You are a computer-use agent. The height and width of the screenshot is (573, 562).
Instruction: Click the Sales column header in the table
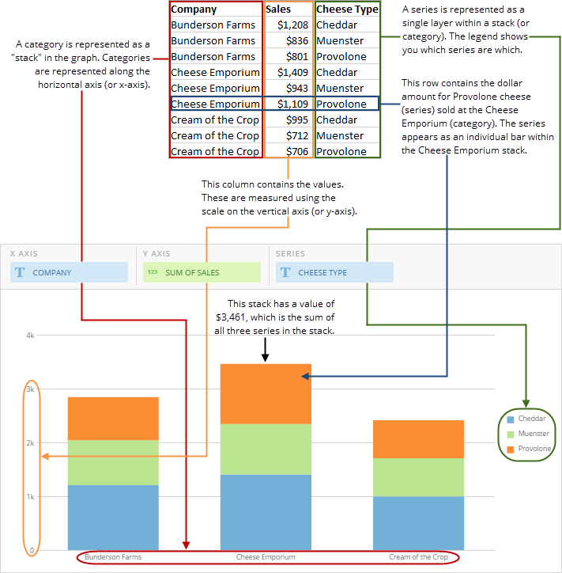point(278,9)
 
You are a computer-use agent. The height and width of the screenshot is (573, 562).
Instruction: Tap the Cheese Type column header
point(345,9)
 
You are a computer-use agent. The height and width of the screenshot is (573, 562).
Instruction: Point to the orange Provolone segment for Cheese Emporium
point(266,394)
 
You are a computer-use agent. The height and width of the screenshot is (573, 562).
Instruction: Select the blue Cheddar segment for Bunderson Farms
point(113,518)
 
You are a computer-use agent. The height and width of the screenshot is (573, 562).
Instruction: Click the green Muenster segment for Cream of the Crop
point(418,477)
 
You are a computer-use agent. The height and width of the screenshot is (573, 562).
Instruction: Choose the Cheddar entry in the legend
point(532,419)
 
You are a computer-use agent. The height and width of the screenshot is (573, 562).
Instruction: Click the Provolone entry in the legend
point(534,449)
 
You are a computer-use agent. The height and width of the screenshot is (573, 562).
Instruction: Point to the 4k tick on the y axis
point(30,336)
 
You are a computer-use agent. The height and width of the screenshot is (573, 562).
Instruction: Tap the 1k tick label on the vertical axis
point(30,497)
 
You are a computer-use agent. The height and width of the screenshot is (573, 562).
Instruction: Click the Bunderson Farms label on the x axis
point(113,557)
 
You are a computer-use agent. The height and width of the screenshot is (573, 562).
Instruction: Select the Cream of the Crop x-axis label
point(418,557)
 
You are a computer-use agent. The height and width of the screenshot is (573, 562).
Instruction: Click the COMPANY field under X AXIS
point(69,272)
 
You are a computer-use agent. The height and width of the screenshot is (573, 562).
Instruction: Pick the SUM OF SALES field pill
point(202,272)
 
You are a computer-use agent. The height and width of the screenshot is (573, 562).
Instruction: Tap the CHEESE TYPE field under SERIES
point(334,272)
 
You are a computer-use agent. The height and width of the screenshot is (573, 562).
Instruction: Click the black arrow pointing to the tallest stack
point(266,350)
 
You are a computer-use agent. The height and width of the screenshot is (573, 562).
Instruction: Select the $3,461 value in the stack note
point(232,317)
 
